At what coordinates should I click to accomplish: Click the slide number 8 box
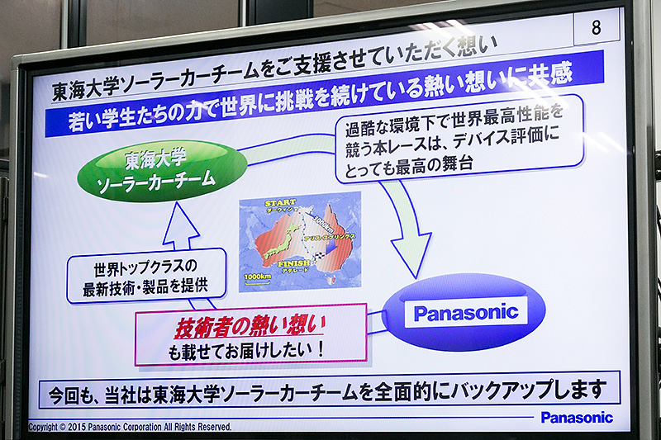596,26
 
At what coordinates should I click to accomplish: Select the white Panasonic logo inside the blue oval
465,313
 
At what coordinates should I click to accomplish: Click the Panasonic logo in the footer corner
577,417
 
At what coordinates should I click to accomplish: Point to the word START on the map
280,202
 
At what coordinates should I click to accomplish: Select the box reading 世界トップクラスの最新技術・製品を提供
145,276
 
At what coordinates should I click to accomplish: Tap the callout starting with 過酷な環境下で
459,138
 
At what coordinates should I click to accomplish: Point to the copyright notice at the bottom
130,427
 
